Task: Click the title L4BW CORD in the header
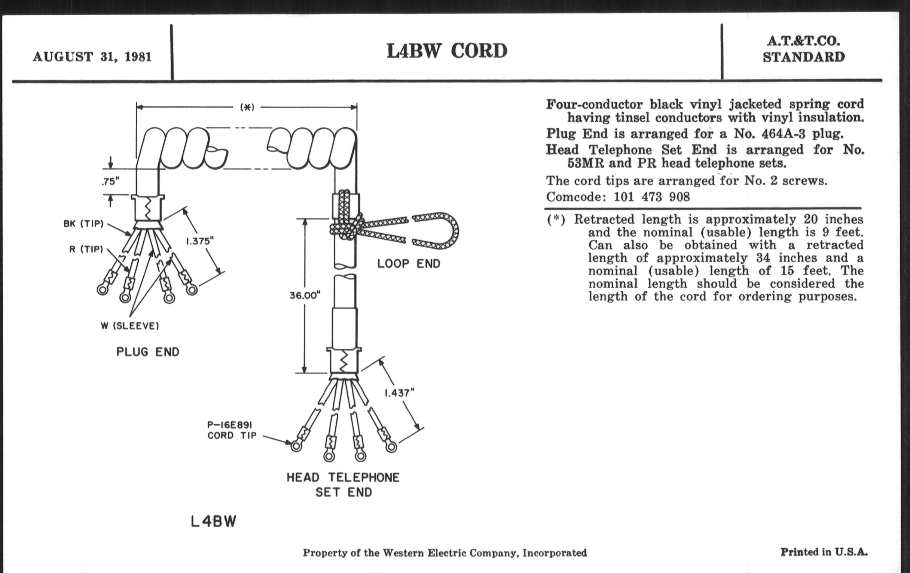click(447, 51)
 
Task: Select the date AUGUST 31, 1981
click(92, 57)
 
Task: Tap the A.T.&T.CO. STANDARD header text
click(803, 49)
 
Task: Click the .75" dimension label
click(110, 182)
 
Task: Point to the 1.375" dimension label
click(200, 241)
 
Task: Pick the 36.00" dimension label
click(305, 295)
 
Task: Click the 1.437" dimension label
click(400, 393)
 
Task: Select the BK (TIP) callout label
click(83, 224)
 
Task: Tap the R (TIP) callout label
click(86, 249)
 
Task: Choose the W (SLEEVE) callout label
click(130, 326)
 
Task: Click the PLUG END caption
click(148, 352)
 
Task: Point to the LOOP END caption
click(409, 264)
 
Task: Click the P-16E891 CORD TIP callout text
click(232, 430)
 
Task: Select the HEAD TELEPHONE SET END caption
click(343, 485)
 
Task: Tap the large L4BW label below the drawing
click(214, 522)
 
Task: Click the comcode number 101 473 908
click(651, 197)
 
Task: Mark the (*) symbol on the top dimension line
click(247, 107)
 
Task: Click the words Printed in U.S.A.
click(824, 552)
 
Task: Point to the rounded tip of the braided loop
click(455, 230)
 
